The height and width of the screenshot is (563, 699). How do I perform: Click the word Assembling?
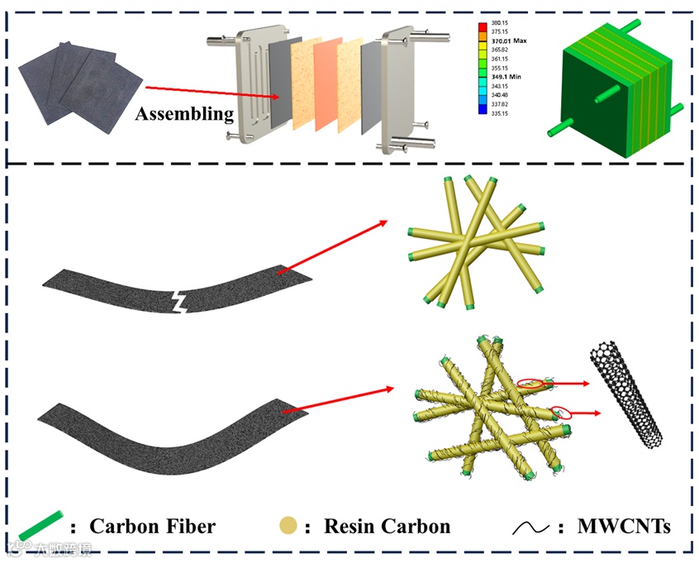184,113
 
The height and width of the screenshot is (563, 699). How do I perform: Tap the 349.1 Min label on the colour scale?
506,76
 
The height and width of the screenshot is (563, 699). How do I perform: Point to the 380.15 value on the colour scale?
499,23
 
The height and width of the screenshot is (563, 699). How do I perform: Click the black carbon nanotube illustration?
626,393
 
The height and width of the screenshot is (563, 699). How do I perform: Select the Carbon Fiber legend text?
153,527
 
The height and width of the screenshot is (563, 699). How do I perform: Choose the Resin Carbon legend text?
387,527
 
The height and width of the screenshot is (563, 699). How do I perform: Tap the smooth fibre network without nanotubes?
475,238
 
